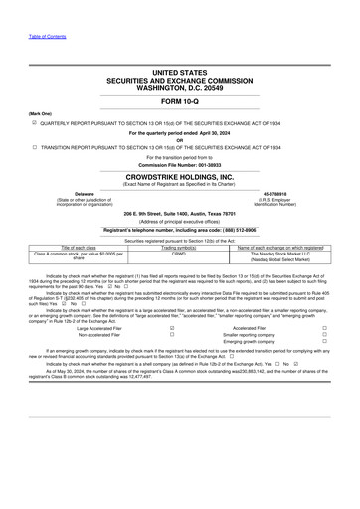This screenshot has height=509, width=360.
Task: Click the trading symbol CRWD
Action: tap(180, 253)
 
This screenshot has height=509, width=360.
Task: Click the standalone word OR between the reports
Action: tap(179, 138)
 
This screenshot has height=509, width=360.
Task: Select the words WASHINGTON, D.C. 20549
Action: tap(179, 87)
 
